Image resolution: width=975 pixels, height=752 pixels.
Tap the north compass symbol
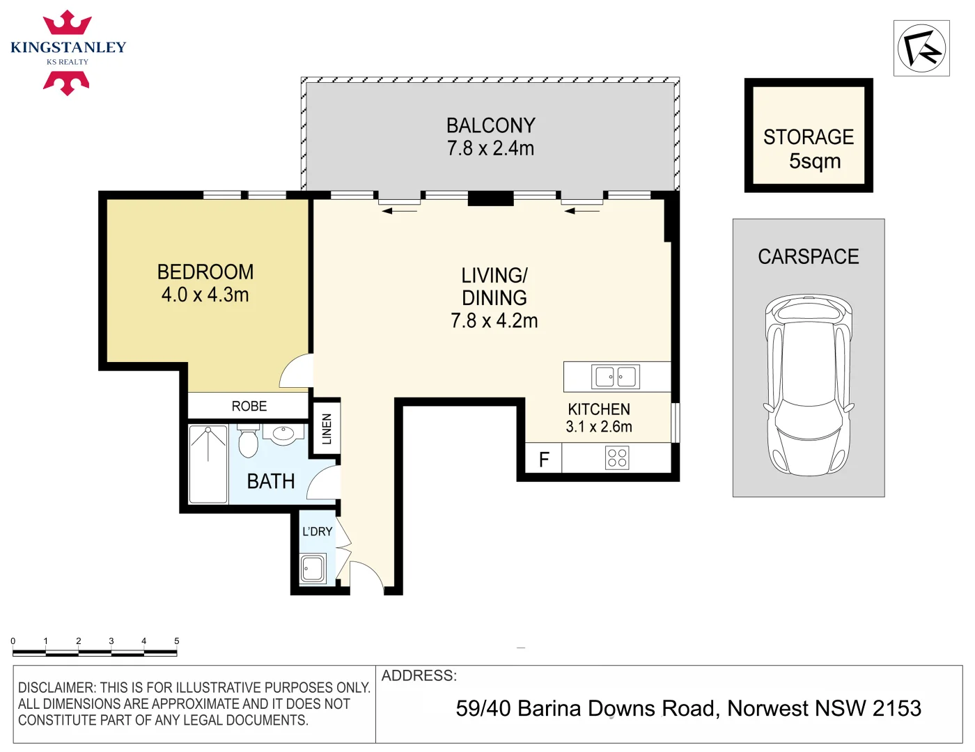click(921, 48)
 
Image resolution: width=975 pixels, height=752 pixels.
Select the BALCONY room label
click(490, 125)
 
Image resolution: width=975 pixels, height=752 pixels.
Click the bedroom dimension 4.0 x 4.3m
click(205, 295)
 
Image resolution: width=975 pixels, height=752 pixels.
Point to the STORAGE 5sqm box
click(809, 136)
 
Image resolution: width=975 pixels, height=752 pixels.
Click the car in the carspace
click(808, 385)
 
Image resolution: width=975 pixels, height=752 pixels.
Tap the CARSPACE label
click(808, 257)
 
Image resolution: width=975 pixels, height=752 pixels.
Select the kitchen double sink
click(616, 377)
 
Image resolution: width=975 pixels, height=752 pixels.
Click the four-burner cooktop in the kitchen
click(617, 457)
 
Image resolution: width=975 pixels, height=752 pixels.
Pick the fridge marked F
click(544, 460)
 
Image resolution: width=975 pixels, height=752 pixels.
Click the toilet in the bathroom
click(248, 441)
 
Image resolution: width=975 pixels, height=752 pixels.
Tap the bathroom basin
click(283, 434)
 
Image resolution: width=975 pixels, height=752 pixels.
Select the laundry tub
click(313, 568)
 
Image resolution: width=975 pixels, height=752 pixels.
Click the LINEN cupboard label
click(327, 429)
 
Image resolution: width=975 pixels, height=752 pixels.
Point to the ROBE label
click(249, 406)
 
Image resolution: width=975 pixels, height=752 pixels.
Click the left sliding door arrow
click(399, 210)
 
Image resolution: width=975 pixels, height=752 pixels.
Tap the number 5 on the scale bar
click(176, 641)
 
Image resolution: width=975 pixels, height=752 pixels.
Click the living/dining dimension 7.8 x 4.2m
click(494, 321)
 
